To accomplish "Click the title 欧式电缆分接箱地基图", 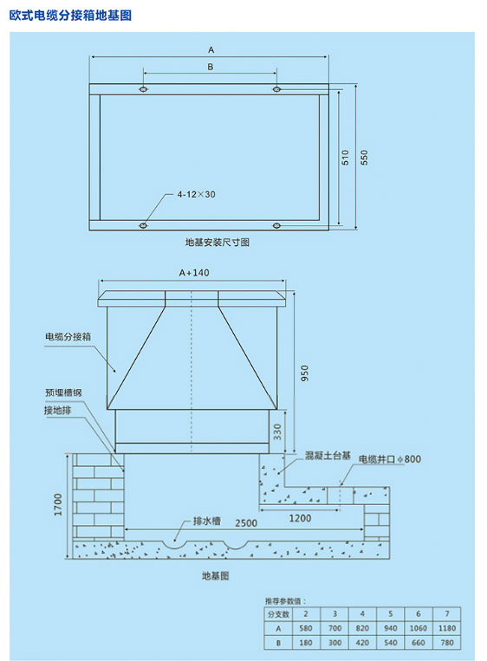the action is tap(70, 16).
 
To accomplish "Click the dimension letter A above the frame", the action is tap(211, 50).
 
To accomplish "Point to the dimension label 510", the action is tap(346, 158).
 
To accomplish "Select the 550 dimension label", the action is tap(364, 158).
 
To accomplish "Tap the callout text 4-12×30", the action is tap(196, 194).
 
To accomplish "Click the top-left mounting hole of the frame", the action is tap(143, 89).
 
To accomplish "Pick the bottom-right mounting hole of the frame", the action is tap(276, 226).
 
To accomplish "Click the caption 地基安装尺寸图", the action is tap(218, 243).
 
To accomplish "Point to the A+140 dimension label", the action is tap(194, 273).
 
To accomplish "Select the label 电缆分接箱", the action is tap(68, 337).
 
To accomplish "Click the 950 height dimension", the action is tap(305, 373).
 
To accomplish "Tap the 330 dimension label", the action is tap(277, 431).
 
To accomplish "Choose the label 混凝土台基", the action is tap(328, 456).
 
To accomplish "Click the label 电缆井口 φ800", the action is tap(390, 459).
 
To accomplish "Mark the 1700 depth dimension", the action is tap(58, 504).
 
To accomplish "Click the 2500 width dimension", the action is tap(246, 523).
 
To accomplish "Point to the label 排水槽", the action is tap(206, 521).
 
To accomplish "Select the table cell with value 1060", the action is tap(419, 628).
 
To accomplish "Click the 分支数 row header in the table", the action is tap(278, 614).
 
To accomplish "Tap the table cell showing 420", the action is tap(362, 643).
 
